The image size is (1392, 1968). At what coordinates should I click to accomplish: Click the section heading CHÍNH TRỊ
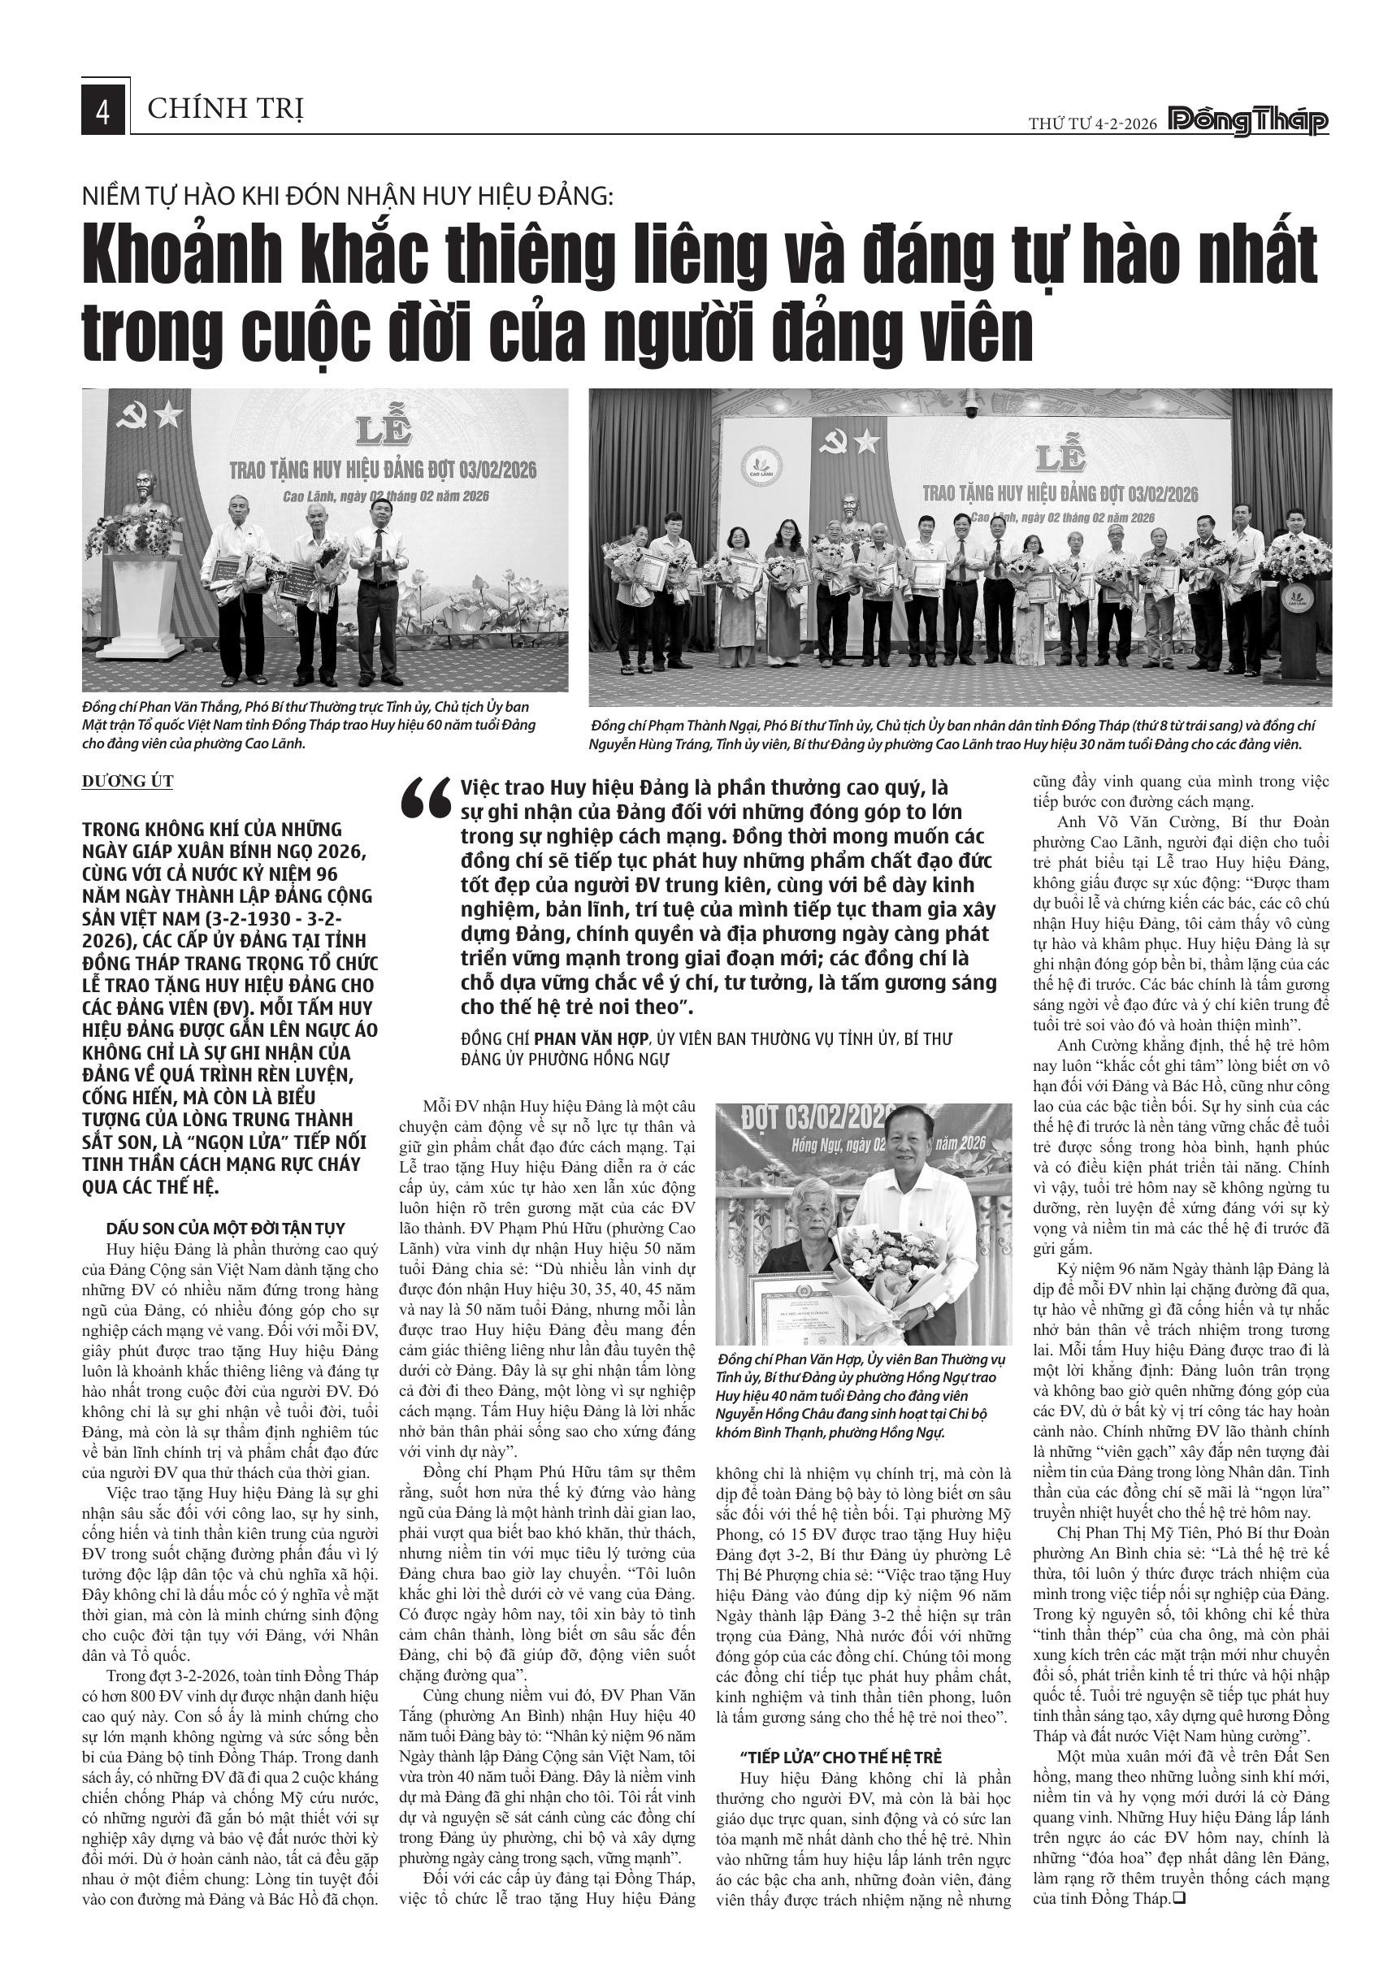225,110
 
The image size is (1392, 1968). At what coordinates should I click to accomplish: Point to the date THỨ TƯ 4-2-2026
1093,124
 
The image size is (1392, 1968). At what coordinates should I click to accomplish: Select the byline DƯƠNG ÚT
128,781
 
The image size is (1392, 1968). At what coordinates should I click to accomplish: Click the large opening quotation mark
426,800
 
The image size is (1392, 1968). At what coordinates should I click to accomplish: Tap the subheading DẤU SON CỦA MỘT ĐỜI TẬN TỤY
225,1228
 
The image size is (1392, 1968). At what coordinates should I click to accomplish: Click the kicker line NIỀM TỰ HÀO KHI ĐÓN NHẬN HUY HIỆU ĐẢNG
348,197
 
